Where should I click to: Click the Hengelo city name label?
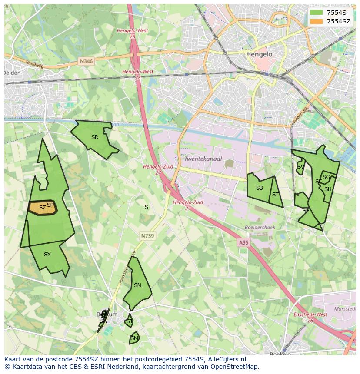click(259, 54)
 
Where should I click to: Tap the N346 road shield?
click(87, 62)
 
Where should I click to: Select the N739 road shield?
click(147, 236)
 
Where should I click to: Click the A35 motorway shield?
click(243, 243)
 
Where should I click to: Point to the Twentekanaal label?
click(203, 159)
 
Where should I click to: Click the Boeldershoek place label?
click(260, 228)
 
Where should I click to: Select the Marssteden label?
click(346, 309)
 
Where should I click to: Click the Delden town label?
click(12, 73)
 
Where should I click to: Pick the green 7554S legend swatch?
click(316, 13)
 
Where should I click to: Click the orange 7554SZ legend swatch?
click(316, 21)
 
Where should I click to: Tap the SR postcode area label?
click(95, 137)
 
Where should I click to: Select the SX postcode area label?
click(47, 255)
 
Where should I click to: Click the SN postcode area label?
click(137, 285)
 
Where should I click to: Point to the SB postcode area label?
click(260, 188)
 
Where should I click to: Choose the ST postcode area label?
click(275, 195)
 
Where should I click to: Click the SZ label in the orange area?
click(42, 208)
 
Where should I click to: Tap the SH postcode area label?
click(328, 189)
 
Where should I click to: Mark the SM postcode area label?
click(134, 338)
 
